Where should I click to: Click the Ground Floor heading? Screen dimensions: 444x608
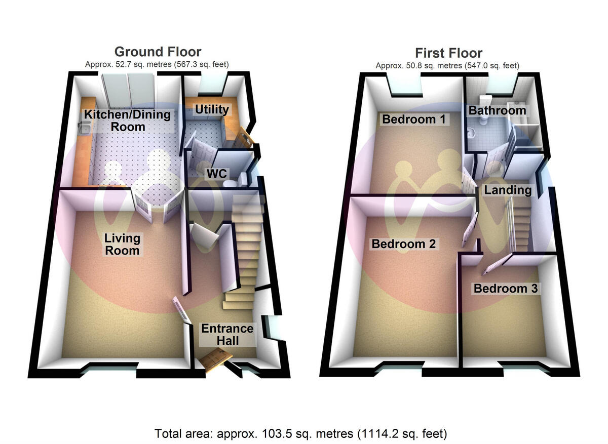pos(158,52)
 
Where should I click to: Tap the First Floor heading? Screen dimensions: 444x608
pos(448,53)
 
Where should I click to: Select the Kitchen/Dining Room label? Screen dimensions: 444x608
pos(127,120)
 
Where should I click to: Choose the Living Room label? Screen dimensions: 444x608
pos(122,244)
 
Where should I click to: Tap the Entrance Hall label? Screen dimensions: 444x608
pos(227,334)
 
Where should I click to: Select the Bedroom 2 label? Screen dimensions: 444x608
pos(403,244)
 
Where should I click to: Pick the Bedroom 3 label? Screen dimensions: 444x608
pos(505,289)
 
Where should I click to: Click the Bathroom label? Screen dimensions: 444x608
pos(497,110)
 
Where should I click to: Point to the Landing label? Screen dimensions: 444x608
pos(508,190)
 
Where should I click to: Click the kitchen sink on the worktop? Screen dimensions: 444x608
pos(84,130)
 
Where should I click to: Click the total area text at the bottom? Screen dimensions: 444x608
pos(300,433)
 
